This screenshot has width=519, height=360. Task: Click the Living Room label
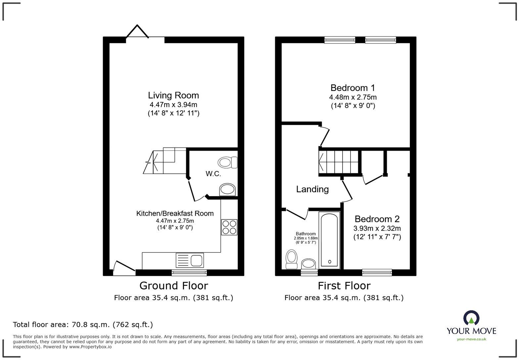pyautogui.click(x=173, y=96)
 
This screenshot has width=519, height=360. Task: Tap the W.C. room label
pyautogui.click(x=213, y=174)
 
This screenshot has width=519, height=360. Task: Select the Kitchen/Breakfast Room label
pyautogui.click(x=175, y=213)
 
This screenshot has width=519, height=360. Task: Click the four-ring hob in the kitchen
pyautogui.click(x=229, y=227)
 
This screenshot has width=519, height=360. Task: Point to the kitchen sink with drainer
pyautogui.click(x=190, y=260)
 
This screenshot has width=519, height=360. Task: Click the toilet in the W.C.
pyautogui.click(x=227, y=162)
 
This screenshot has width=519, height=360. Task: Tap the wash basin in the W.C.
pyautogui.click(x=227, y=190)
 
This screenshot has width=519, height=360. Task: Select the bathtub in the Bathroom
pyautogui.click(x=329, y=240)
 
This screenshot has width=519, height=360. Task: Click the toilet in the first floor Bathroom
pyautogui.click(x=292, y=259)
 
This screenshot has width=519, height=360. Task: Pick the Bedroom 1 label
pyautogui.click(x=353, y=88)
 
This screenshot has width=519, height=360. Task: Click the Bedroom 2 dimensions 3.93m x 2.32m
pyautogui.click(x=377, y=228)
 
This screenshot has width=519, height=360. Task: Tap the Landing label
pyautogui.click(x=312, y=189)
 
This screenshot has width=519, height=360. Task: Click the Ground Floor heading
pyautogui.click(x=173, y=286)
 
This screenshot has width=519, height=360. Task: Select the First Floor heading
pyautogui.click(x=344, y=286)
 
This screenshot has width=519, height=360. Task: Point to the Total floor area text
pyautogui.click(x=83, y=325)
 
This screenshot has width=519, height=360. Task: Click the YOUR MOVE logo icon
pyautogui.click(x=471, y=318)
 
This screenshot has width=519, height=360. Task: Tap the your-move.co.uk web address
pyautogui.click(x=471, y=339)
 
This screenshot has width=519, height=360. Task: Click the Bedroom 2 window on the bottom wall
pyautogui.click(x=377, y=272)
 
